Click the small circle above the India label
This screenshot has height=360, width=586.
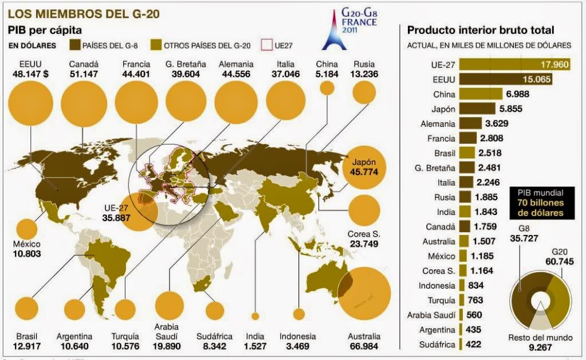(255, 315)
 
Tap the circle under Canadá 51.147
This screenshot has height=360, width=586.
(84, 103)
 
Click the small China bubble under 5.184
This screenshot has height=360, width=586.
(327, 88)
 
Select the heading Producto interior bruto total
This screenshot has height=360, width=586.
(480, 30)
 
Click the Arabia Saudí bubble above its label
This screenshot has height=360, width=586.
(169, 305)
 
